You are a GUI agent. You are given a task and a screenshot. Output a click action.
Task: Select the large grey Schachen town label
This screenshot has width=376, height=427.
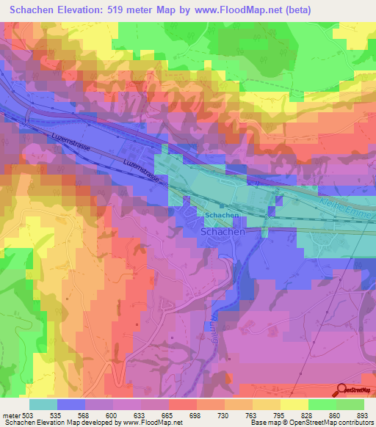tap(223, 230)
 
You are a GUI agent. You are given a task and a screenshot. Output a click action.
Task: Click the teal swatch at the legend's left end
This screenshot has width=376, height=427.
tap(43, 404)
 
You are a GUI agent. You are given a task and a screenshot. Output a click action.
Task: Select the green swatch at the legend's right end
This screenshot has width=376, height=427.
tap(350, 404)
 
